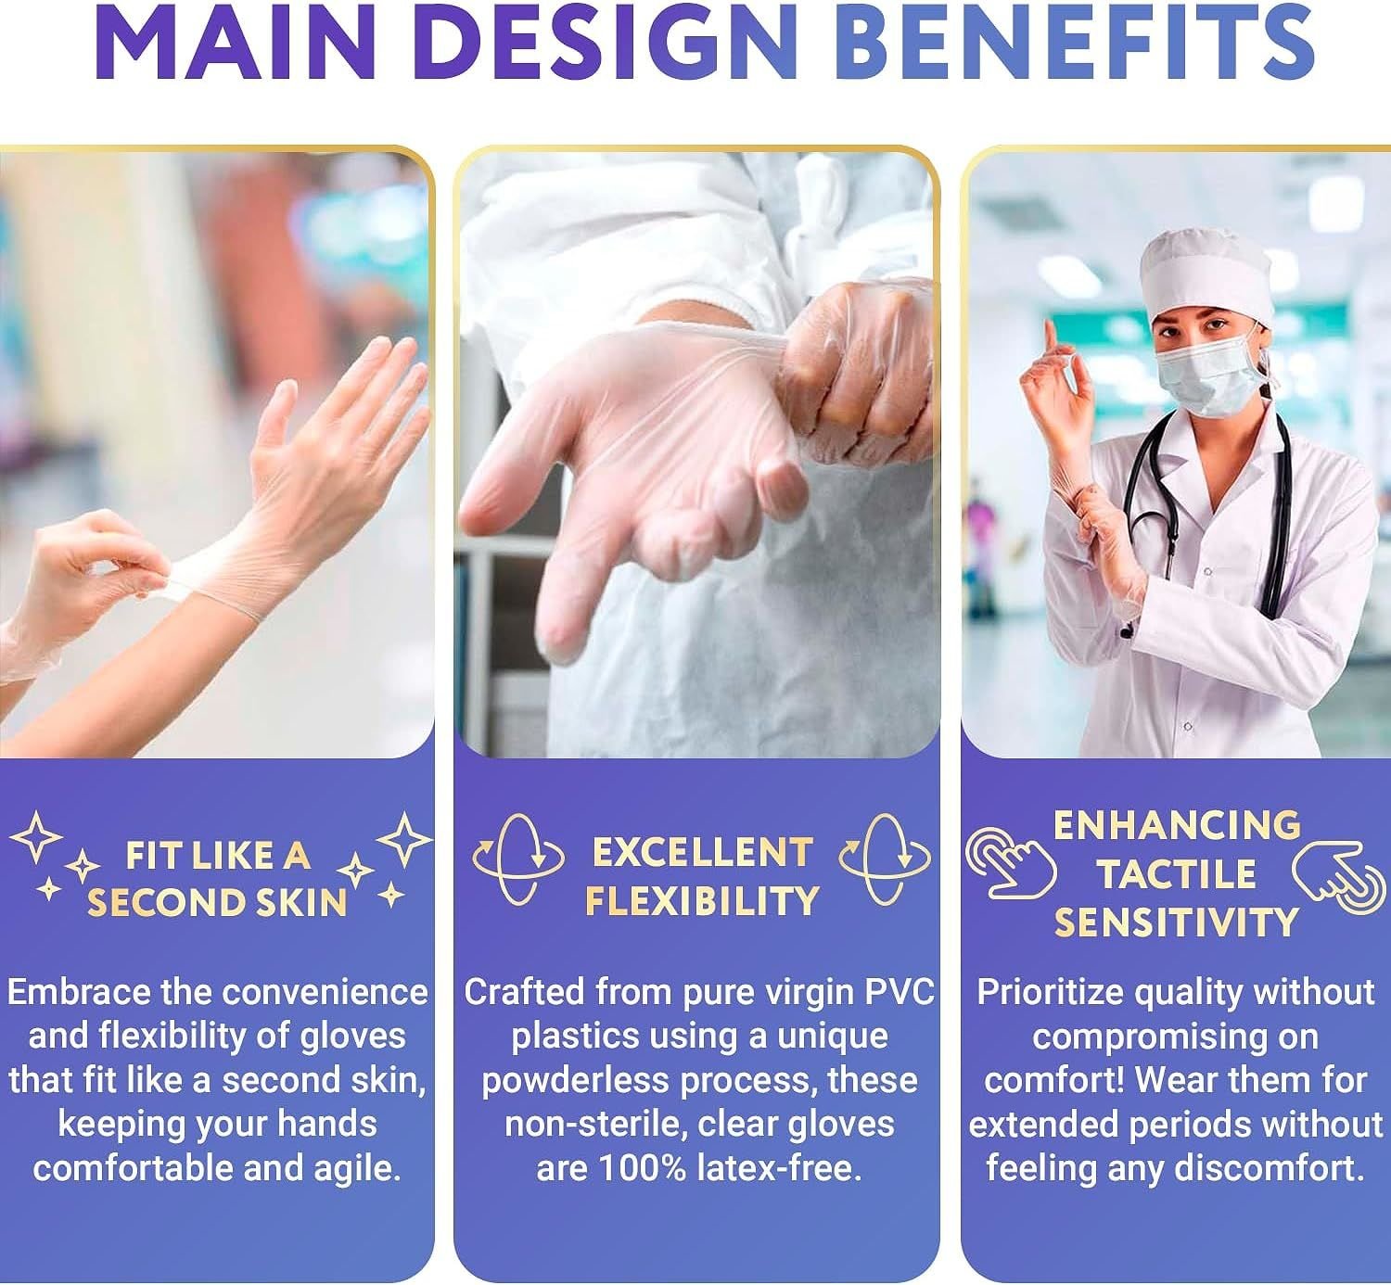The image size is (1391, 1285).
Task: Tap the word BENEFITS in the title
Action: click(x=1072, y=42)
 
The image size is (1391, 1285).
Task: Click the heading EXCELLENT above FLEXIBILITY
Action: click(x=703, y=853)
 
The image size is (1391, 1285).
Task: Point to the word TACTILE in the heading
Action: click(x=1176, y=874)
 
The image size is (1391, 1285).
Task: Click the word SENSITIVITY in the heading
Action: click(x=1177, y=922)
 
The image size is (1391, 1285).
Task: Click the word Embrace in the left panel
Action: click(x=79, y=992)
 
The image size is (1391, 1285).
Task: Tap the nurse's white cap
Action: click(x=1206, y=274)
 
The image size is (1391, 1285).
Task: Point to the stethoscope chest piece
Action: click(x=1127, y=630)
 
